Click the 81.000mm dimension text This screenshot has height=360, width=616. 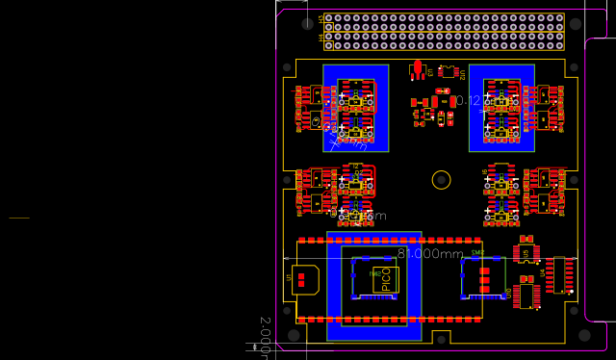tap(430, 253)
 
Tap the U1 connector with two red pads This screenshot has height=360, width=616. tap(305, 280)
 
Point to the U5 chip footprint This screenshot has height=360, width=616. tap(526, 252)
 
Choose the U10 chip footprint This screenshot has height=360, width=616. tap(526, 293)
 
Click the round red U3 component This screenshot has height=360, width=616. tap(418, 68)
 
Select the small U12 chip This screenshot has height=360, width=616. tap(448, 71)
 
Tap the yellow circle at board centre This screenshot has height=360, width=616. tap(441, 179)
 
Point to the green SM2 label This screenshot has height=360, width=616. tap(477, 252)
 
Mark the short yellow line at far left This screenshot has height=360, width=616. tap(20, 219)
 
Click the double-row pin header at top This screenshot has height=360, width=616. tap(444, 32)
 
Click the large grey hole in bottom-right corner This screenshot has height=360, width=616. tap(583, 334)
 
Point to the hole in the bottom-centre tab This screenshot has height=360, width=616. tap(441, 340)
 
